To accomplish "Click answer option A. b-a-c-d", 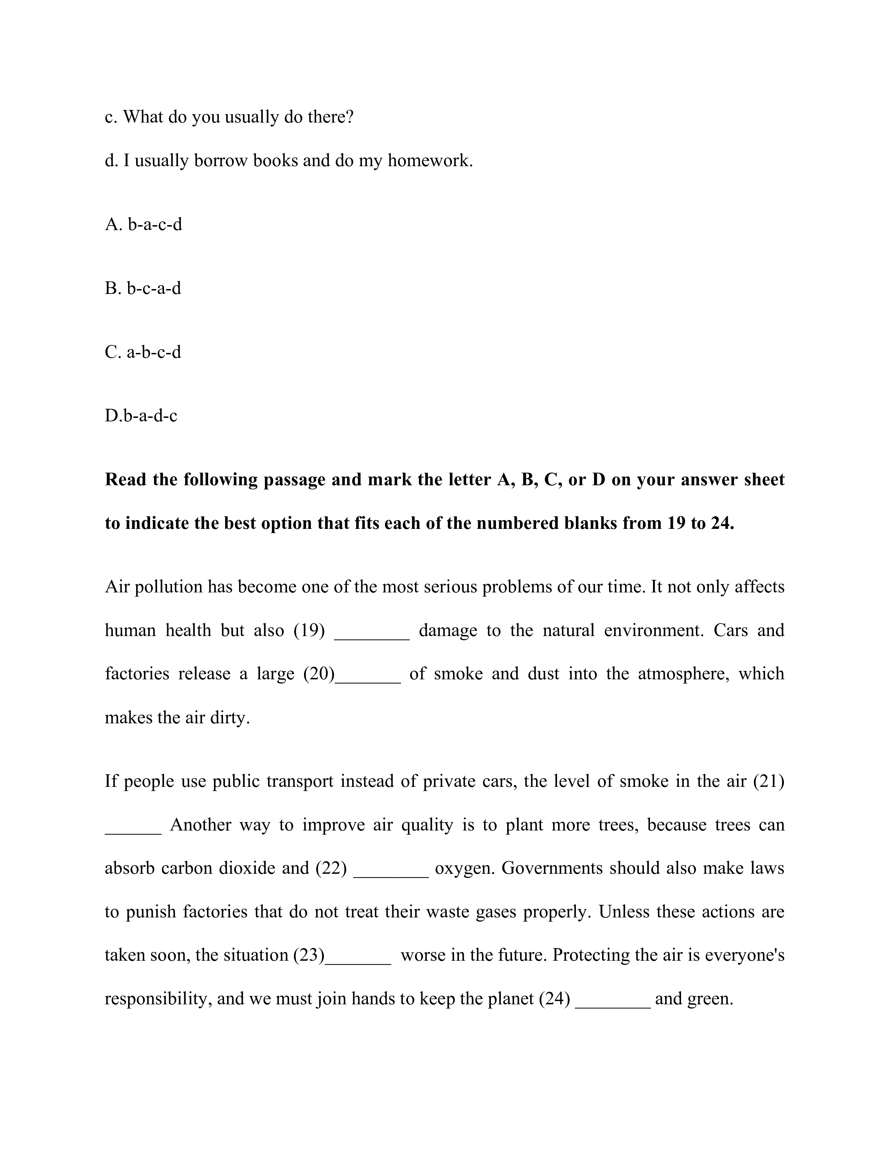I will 143,225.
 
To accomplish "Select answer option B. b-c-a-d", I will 143,289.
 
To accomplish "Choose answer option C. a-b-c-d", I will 143,352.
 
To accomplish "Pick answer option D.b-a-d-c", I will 141,416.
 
